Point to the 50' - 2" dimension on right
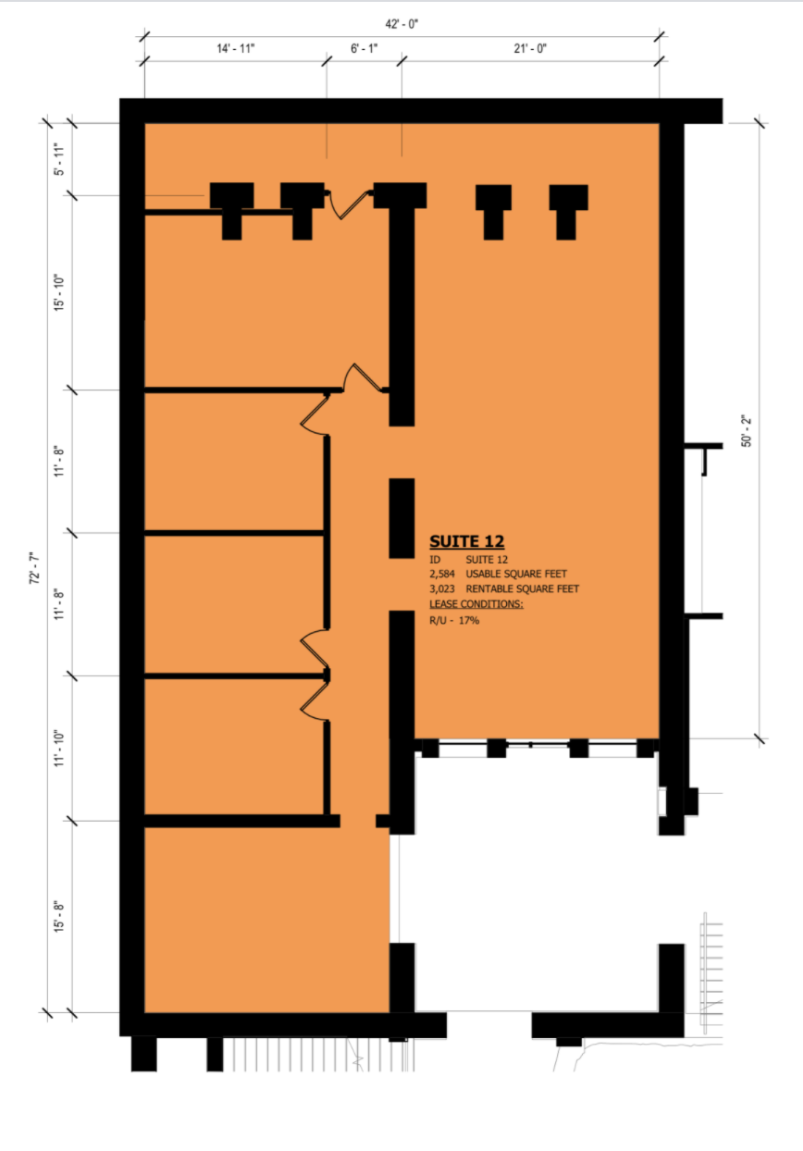[747, 430]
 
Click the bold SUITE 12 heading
[466, 543]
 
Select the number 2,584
[442, 575]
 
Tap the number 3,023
[442, 589]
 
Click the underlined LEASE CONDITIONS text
[476, 604]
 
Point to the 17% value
[468, 620]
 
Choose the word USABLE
[488, 575]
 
